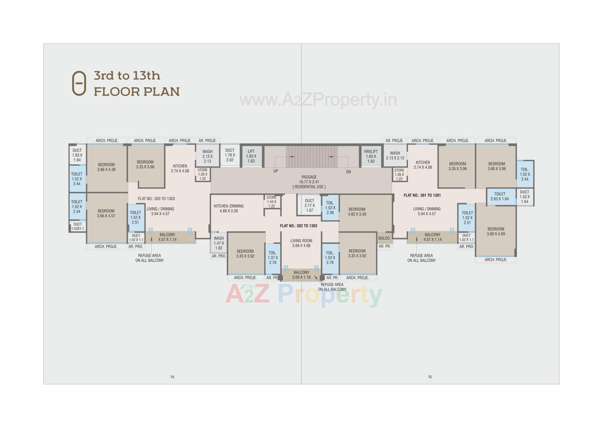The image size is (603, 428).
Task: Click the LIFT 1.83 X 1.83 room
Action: click(x=251, y=156)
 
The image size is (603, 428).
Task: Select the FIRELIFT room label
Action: click(x=371, y=152)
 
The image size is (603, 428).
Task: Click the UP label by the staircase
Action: click(x=275, y=171)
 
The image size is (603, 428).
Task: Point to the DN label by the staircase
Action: click(x=348, y=172)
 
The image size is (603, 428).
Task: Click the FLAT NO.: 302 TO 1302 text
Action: click(x=298, y=226)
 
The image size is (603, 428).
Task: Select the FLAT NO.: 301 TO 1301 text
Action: click(x=422, y=195)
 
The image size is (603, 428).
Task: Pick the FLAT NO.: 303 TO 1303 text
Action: click(x=156, y=199)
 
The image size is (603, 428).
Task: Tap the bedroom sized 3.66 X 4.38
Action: click(x=106, y=167)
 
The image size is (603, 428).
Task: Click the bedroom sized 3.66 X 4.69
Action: click(x=496, y=231)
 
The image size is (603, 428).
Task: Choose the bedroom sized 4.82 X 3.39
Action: click(x=357, y=212)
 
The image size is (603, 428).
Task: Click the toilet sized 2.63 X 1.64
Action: click(x=499, y=196)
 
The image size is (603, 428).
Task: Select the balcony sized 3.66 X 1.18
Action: click(x=301, y=275)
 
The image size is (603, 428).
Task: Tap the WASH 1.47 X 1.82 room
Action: click(x=219, y=243)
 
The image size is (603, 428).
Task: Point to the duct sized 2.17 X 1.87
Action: click(x=309, y=205)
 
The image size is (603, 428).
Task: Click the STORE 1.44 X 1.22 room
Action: click(x=271, y=202)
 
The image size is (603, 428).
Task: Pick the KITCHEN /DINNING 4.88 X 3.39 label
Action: click(x=229, y=209)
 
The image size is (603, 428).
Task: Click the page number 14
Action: click(x=172, y=377)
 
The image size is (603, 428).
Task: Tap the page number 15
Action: click(x=430, y=377)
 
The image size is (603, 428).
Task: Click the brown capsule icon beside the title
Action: click(x=79, y=83)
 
